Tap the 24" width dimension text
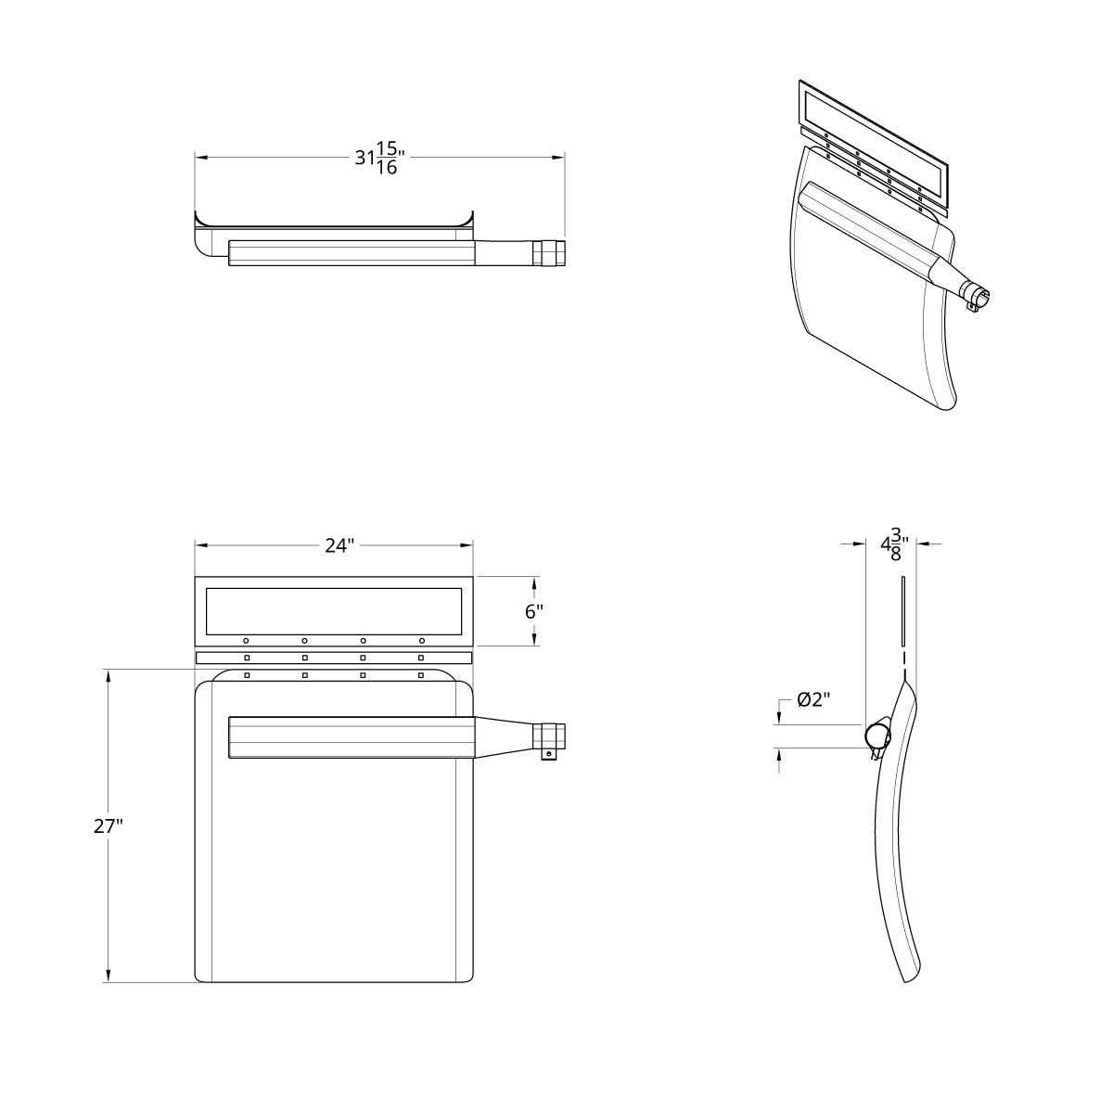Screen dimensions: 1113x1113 (339, 545)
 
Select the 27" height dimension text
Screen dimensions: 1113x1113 (108, 826)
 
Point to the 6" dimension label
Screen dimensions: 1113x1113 (533, 611)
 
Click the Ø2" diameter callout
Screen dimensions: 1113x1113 (812, 700)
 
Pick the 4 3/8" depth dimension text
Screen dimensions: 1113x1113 (893, 545)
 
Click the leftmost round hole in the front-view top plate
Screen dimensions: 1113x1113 (246, 640)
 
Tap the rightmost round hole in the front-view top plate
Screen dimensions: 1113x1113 (421, 640)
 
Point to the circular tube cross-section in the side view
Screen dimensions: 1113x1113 (876, 736)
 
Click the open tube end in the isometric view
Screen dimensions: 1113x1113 (981, 296)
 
